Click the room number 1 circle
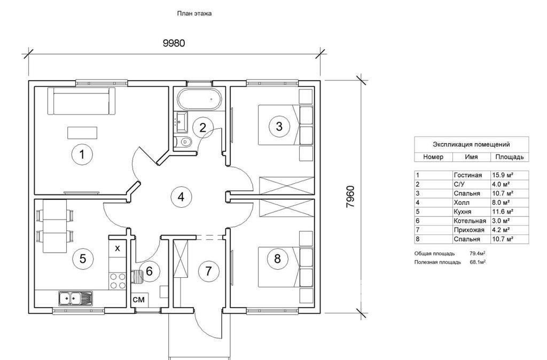point(82,155)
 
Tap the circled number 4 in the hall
point(181,197)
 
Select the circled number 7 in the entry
point(208,271)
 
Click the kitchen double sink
point(74,298)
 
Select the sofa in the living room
point(82,100)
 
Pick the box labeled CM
point(138,300)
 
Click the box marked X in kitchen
point(118,248)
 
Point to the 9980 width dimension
point(174,43)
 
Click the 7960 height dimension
point(350,197)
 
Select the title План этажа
point(194,13)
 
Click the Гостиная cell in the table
point(467,175)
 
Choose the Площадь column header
point(509,157)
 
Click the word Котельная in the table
point(470,221)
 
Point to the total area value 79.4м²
point(478,253)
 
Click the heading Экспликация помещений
point(471,144)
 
